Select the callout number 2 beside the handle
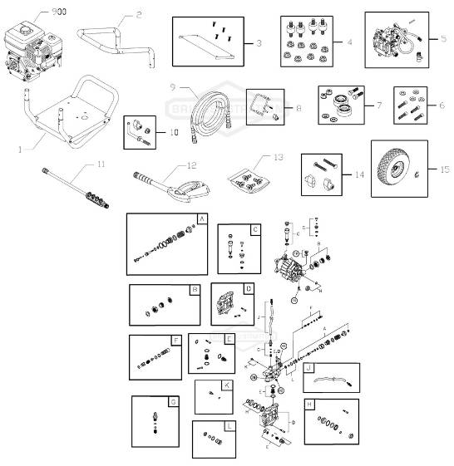139,14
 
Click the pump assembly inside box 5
392,40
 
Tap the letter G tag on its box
173,403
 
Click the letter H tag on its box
309,405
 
